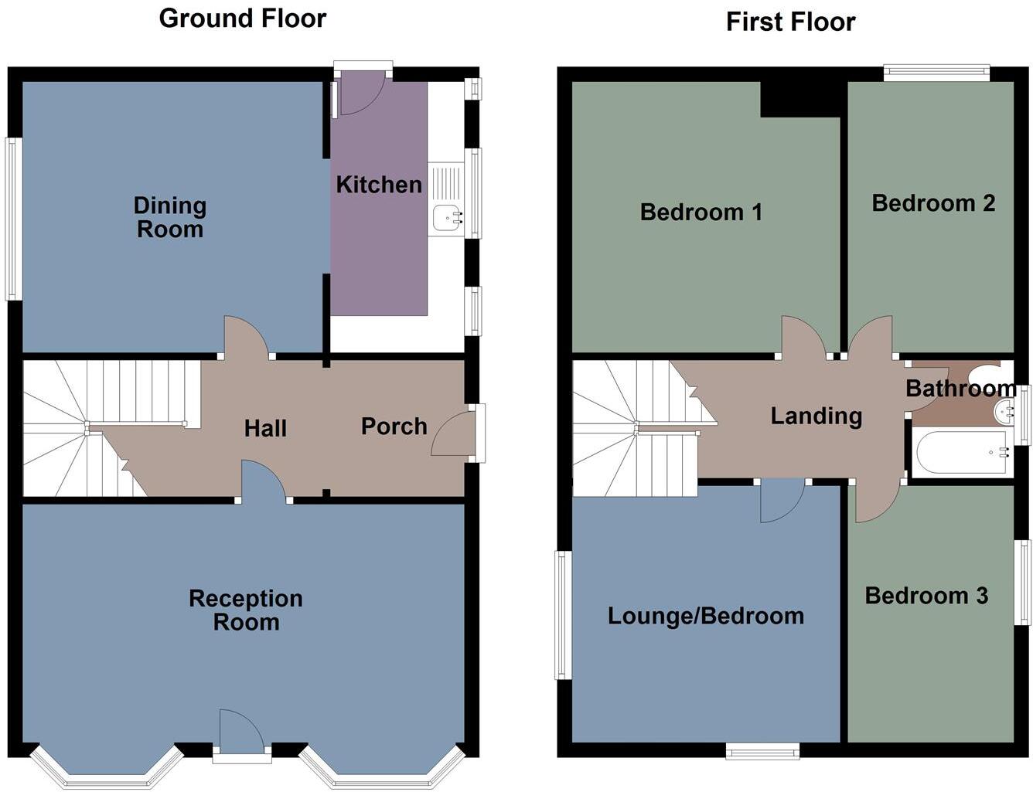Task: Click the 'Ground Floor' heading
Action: point(243,19)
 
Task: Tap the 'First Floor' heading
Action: point(790,22)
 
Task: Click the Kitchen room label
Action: point(379,184)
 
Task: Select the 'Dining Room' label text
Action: point(169,217)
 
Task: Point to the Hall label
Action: point(265,428)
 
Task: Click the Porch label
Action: point(394,426)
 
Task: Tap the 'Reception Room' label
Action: point(246,610)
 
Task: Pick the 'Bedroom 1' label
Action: point(701,212)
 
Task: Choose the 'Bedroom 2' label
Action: point(933,203)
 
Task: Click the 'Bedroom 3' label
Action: point(926,596)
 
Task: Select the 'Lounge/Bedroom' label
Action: point(706,617)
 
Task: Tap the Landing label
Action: point(817,416)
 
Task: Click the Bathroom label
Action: point(961,389)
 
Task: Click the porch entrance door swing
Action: point(452,434)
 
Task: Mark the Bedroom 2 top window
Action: point(936,73)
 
